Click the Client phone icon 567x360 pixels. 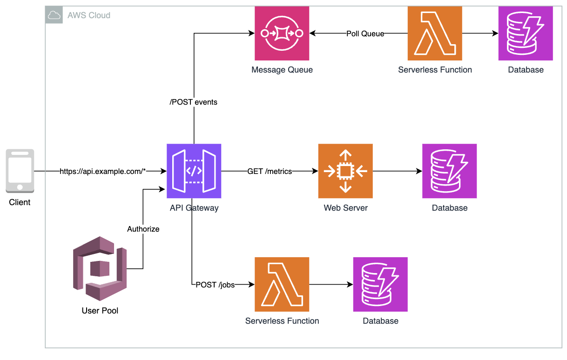click(x=20, y=171)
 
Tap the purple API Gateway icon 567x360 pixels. click(x=194, y=171)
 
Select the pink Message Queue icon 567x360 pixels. click(x=282, y=33)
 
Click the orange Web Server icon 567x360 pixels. click(x=345, y=171)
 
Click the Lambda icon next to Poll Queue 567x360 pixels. click(x=435, y=33)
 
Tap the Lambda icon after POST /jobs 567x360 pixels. click(x=282, y=284)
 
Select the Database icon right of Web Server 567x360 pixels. click(x=449, y=171)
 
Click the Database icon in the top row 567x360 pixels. click(x=526, y=33)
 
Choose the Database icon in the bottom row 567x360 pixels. click(x=380, y=284)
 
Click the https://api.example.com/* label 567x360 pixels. click(x=103, y=172)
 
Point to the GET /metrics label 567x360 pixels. click(x=270, y=172)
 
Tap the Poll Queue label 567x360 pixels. click(x=365, y=33)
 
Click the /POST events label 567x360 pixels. click(x=193, y=102)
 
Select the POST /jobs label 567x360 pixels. click(x=215, y=285)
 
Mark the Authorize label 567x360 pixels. click(x=143, y=229)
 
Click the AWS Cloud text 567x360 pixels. click(x=89, y=15)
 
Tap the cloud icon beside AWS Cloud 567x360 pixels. click(x=54, y=15)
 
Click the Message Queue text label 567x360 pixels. click(x=282, y=70)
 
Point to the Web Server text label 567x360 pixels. click(x=345, y=208)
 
